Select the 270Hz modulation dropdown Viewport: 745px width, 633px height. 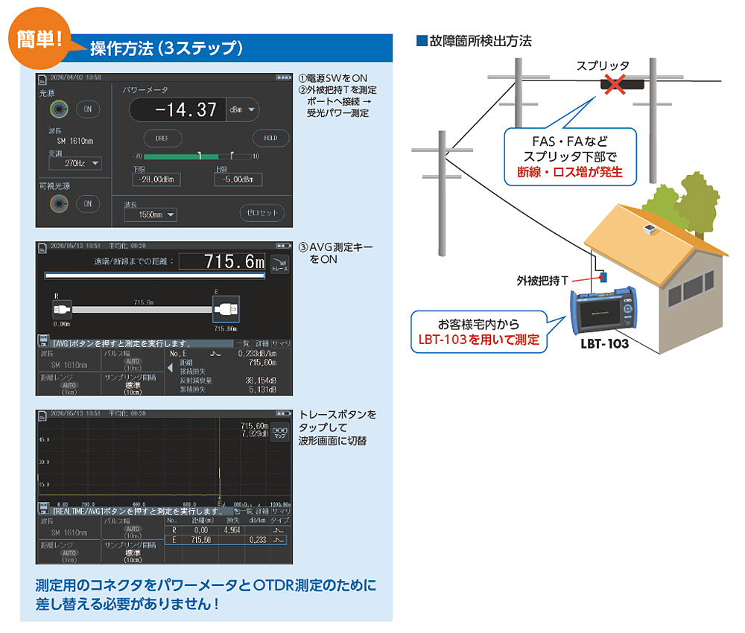click(x=75, y=163)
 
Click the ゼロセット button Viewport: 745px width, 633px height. click(x=262, y=213)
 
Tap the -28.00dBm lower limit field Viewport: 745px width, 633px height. click(x=156, y=179)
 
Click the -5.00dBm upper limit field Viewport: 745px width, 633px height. click(x=238, y=179)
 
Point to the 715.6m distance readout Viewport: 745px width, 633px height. click(x=223, y=262)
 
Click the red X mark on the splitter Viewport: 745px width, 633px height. click(x=614, y=84)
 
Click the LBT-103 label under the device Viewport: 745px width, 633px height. click(x=604, y=343)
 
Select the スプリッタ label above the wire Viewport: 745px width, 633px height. click(x=603, y=66)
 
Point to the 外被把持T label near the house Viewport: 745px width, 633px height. click(x=543, y=280)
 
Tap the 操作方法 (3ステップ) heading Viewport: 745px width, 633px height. click(x=167, y=49)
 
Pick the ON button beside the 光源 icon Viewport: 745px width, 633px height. click(x=88, y=109)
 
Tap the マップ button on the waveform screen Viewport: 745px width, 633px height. click(x=280, y=433)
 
